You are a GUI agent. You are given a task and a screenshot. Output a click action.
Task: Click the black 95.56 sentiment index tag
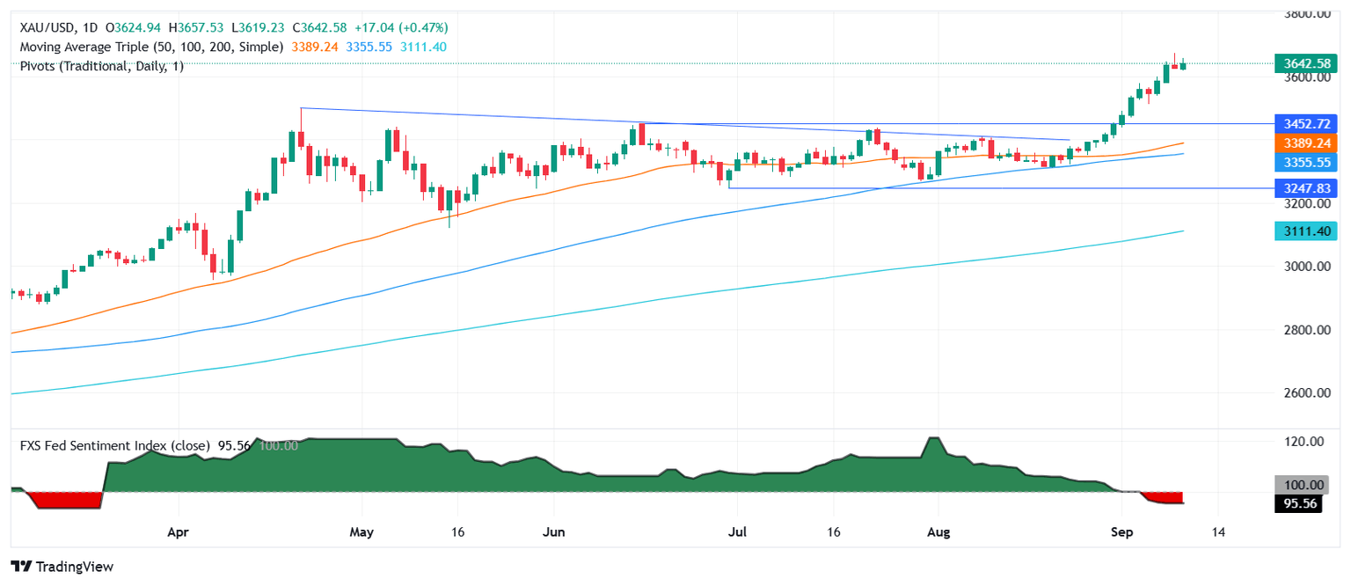1298,504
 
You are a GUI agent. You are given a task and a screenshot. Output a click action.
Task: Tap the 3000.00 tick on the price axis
1298,267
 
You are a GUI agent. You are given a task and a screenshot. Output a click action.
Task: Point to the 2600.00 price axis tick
1298,393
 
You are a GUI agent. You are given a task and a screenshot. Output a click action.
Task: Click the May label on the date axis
362,532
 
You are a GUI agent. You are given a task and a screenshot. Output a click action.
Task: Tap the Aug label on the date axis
939,532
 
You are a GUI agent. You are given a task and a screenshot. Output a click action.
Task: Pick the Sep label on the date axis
1121,532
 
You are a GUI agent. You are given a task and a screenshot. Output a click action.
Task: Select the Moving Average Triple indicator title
151,47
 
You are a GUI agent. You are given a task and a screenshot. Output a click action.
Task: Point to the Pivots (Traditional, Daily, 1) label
102,66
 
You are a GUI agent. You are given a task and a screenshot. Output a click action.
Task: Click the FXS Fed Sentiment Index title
114,446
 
